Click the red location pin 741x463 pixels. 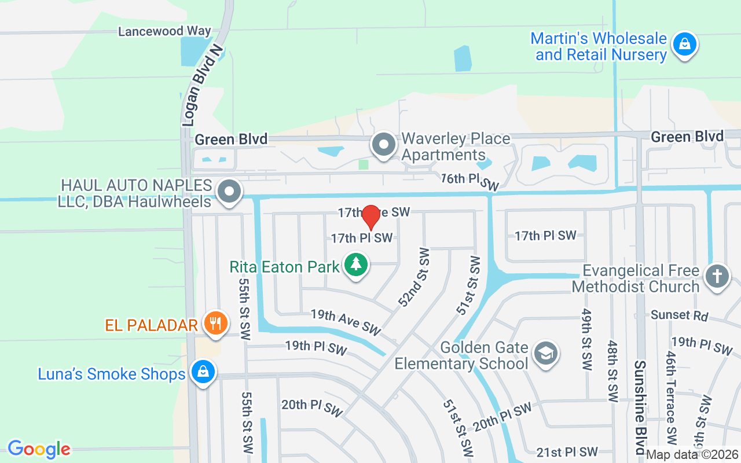(370, 218)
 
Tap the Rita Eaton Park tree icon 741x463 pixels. (357, 265)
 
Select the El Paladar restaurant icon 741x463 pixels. (216, 323)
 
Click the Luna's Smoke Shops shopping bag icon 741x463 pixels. (203, 372)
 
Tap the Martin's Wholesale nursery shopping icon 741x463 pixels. (684, 45)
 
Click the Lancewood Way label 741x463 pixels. (164, 31)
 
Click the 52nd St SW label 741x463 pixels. (414, 277)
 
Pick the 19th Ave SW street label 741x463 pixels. (346, 322)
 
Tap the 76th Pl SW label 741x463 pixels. (469, 181)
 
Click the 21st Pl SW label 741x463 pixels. (567, 452)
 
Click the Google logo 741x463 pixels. (39, 449)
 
